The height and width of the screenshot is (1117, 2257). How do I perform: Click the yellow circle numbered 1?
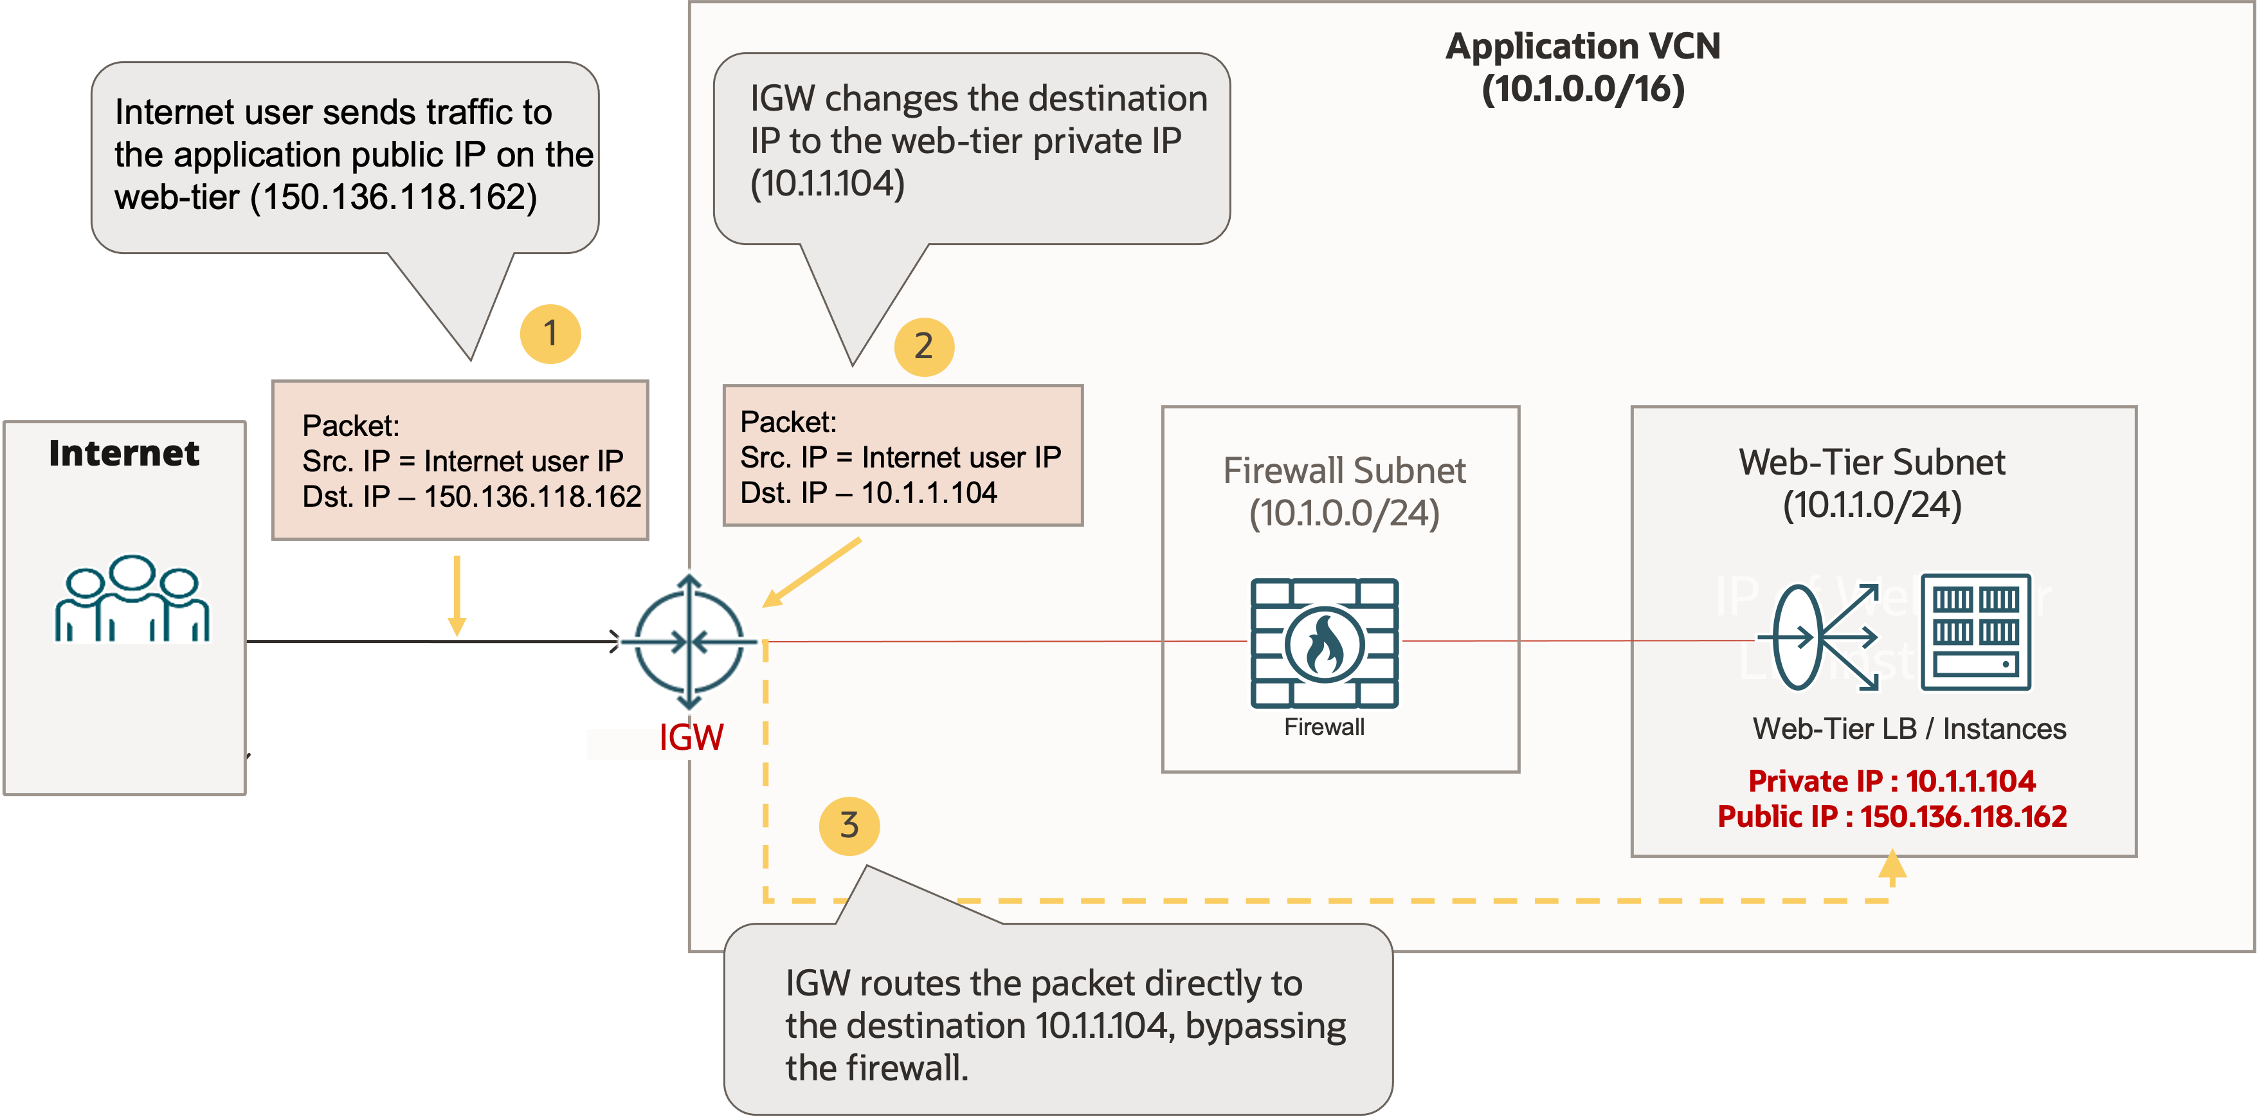click(x=550, y=334)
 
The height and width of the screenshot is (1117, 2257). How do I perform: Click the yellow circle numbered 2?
click(x=923, y=347)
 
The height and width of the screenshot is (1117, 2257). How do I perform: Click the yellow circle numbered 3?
click(x=849, y=825)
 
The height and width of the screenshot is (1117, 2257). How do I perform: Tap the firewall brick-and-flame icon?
click(x=1324, y=643)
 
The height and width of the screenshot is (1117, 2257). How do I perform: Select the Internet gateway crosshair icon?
click(x=689, y=642)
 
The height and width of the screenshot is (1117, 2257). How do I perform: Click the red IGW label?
click(x=691, y=738)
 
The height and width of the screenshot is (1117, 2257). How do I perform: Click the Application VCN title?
click(x=1582, y=68)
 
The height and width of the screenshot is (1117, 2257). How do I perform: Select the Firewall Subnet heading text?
click(x=1344, y=491)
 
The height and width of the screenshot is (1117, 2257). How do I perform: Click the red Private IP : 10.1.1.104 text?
click(x=1892, y=781)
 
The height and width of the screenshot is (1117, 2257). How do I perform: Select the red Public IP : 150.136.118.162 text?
click(x=1892, y=817)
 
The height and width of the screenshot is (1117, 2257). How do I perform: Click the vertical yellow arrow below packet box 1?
click(x=457, y=595)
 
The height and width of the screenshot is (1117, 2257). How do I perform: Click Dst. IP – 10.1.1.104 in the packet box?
click(x=868, y=493)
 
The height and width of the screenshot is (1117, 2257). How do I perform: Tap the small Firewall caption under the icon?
click(x=1324, y=727)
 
